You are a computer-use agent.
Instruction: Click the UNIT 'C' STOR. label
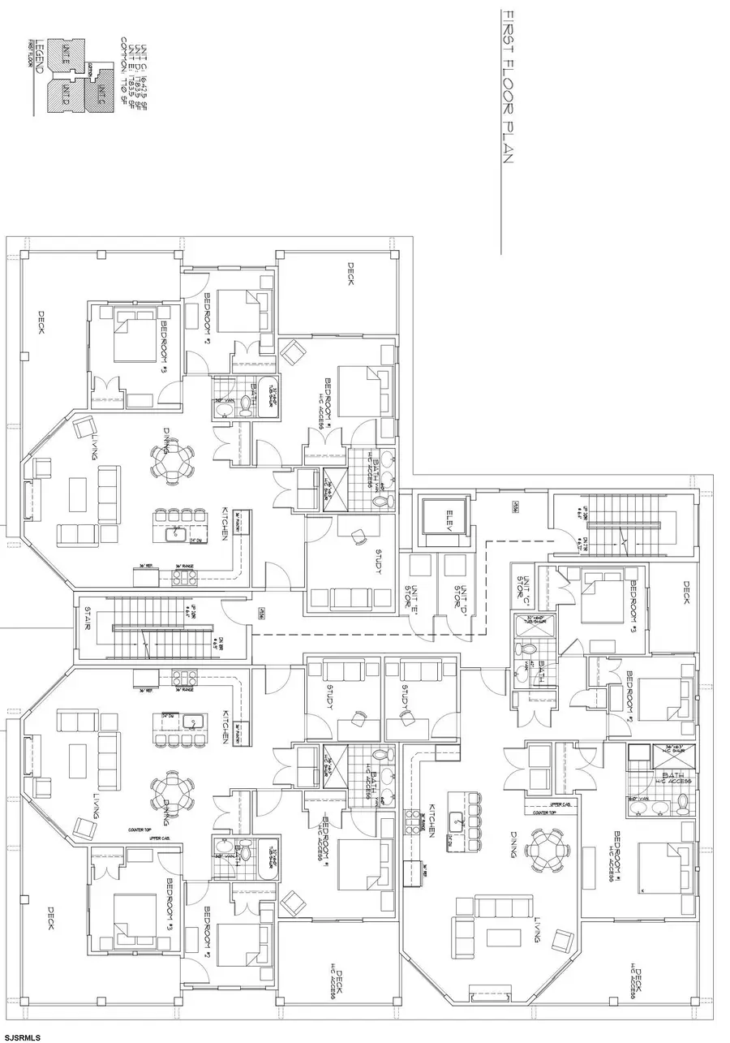coord(522,585)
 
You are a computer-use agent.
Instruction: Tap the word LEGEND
coord(34,56)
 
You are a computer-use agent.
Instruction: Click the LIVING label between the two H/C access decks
coord(538,925)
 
